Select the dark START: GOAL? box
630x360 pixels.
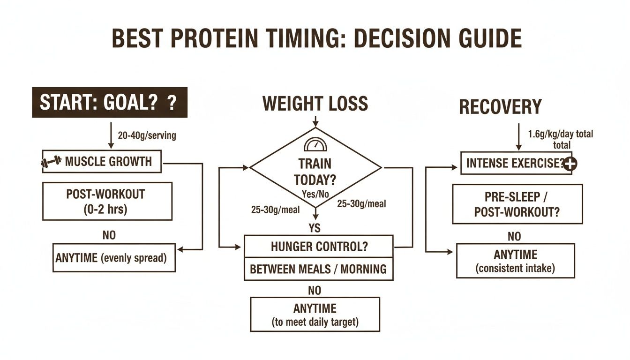pyautogui.click(x=109, y=102)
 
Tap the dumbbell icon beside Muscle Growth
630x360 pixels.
pyautogui.click(x=51, y=162)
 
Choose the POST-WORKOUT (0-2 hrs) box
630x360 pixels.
pyautogui.click(x=107, y=201)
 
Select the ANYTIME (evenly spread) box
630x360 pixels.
pyautogui.click(x=114, y=258)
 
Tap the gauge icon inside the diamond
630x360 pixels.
pyautogui.click(x=315, y=144)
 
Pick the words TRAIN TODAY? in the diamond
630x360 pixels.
pyautogui.click(x=315, y=172)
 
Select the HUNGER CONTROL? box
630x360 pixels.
pyautogui.click(x=318, y=247)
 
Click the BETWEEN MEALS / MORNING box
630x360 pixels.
pyautogui.click(x=318, y=269)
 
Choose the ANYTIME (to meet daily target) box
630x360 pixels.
pyautogui.click(x=315, y=315)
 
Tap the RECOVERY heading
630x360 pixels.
pyautogui.click(x=500, y=107)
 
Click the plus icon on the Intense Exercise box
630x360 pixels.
pyautogui.click(x=570, y=164)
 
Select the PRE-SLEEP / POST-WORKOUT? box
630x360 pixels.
pyautogui.click(x=517, y=204)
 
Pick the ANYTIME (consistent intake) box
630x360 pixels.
pyautogui.click(x=515, y=261)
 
